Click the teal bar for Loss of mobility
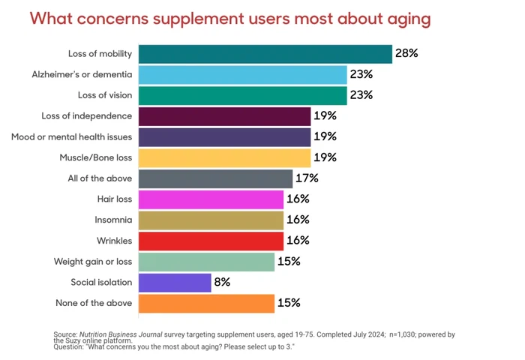click(265, 54)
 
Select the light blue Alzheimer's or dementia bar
click(242, 75)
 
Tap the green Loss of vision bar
click(242, 95)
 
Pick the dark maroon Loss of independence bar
click(224, 116)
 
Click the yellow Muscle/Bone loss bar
click(224, 157)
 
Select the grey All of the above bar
click(215, 178)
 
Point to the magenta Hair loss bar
click(211, 199)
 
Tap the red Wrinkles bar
click(211, 241)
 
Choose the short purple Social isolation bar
click(174, 282)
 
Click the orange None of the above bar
click(206, 303)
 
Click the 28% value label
click(406, 54)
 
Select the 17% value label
click(307, 178)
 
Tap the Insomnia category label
click(114, 220)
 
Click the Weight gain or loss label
click(93, 262)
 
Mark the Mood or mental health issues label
click(72, 137)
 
